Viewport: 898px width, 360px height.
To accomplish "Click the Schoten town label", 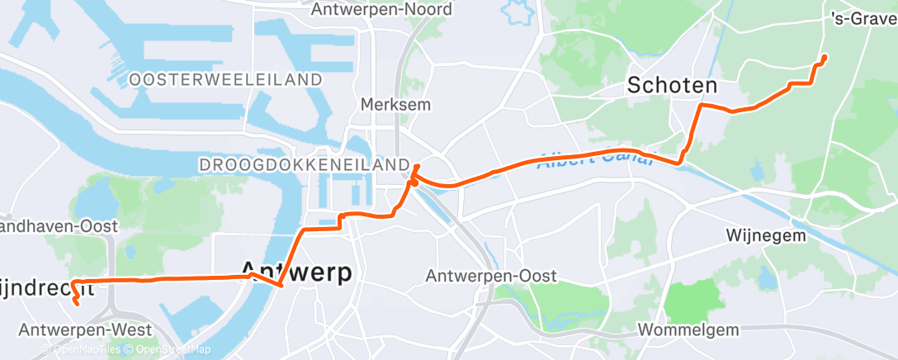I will coord(672,85).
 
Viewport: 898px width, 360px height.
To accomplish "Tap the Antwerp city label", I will coord(295,271).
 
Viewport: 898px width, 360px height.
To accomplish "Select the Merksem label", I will coord(385,105).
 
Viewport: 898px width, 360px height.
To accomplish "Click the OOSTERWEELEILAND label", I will coord(225,79).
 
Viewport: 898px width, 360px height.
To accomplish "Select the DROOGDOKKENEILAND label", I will coord(305,165).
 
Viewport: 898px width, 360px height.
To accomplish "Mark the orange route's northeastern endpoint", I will coord(825,56).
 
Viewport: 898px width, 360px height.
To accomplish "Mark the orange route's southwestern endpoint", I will coord(77,303).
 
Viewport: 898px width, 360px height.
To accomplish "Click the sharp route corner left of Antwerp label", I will coord(281,286).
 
